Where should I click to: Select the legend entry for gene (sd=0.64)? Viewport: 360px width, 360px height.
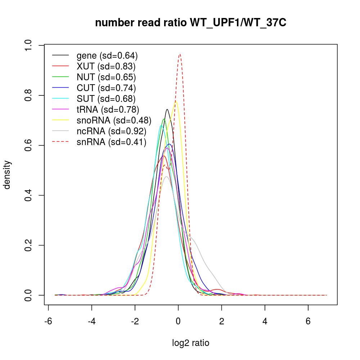107,56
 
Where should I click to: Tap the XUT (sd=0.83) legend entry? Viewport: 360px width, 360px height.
106,67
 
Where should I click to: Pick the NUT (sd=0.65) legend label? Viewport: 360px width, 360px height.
106,77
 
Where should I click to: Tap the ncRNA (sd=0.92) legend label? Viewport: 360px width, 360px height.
112,131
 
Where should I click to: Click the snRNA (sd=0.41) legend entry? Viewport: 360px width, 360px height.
112,142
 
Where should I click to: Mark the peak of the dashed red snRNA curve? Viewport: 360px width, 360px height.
180,54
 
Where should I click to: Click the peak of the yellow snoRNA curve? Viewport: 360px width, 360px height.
176,101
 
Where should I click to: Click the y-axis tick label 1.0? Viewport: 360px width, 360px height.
30,45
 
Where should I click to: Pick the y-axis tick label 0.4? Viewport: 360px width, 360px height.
30,195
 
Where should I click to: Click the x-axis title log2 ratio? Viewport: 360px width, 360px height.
191,343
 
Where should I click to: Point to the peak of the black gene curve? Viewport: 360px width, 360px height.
167,109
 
